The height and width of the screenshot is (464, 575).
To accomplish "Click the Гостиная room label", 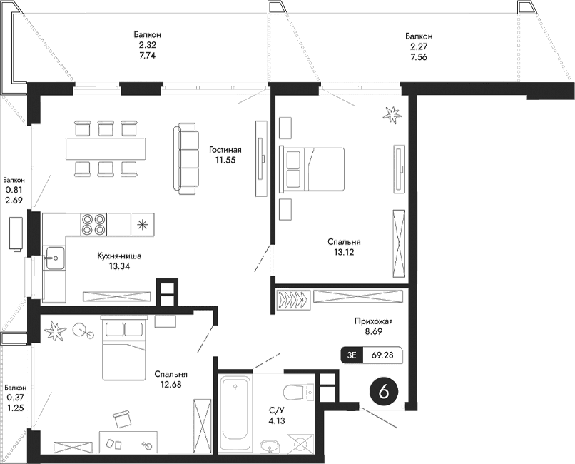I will click(225, 150).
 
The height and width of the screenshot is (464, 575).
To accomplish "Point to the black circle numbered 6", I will click(384, 392).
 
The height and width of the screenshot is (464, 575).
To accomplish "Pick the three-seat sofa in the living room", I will click(187, 158).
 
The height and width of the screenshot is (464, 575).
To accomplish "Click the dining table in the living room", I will click(105, 148).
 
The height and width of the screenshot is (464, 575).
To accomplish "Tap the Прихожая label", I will click(374, 321).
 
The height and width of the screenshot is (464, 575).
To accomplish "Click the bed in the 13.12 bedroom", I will click(314, 168).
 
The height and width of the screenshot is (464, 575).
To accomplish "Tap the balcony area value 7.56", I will click(418, 60).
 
